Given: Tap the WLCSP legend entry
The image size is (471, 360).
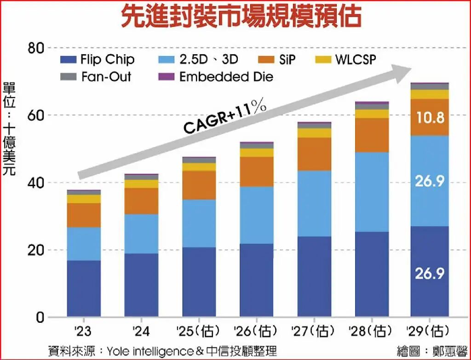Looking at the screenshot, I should pos(350,59).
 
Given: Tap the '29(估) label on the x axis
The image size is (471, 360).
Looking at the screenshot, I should pos(429,331).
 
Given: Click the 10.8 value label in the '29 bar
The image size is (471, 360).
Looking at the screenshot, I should pos(429,118).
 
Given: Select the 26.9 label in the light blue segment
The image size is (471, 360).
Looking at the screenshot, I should pos(429,181).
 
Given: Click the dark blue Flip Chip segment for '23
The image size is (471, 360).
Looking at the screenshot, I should pos(84,288).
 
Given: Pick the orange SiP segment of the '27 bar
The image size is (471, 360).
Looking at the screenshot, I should pos(314,154).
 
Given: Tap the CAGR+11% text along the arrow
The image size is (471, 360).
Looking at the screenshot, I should pos(225,117).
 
